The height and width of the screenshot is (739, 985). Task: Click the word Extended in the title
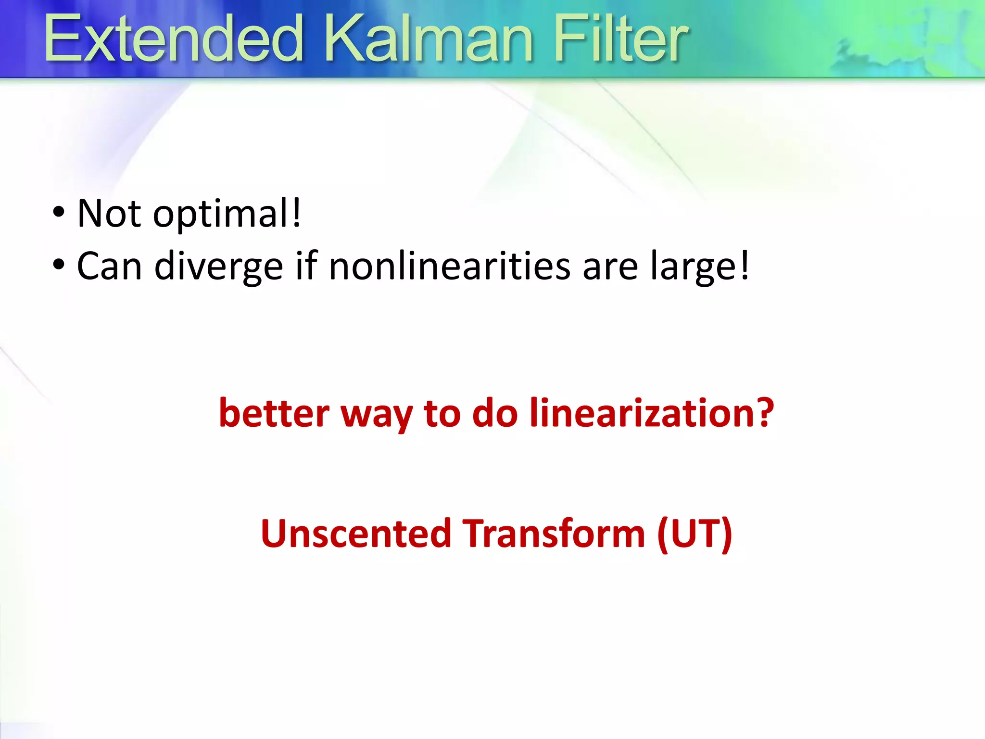pyautogui.click(x=173, y=39)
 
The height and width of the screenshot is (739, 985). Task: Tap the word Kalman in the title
pyautogui.click(x=428, y=39)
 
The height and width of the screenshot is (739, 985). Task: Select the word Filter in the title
pyautogui.click(x=620, y=39)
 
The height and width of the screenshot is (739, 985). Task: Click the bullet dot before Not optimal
pyautogui.click(x=58, y=212)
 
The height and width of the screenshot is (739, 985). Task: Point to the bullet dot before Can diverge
pyautogui.click(x=58, y=265)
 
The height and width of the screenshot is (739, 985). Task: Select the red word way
pyautogui.click(x=377, y=415)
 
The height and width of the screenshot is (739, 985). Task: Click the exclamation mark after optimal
pyautogui.click(x=297, y=212)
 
